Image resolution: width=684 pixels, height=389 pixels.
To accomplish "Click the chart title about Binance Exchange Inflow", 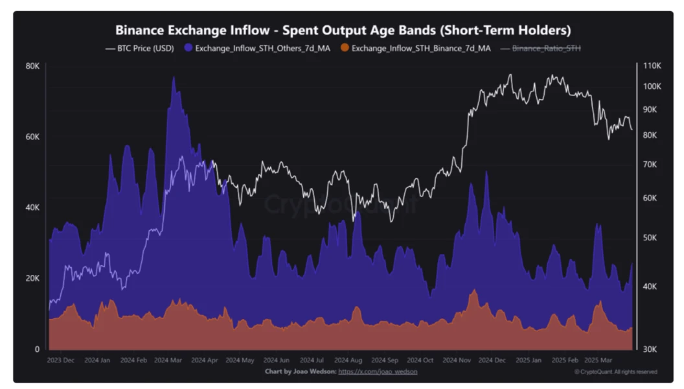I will tap(343, 30).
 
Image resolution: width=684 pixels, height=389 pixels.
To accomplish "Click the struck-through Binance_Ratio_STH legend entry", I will tap(546, 48).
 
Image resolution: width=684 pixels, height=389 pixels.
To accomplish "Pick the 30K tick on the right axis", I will tap(650, 349).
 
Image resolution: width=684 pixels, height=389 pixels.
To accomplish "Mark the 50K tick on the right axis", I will tap(650, 237).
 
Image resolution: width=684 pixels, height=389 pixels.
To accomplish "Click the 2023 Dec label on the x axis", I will tap(61, 360).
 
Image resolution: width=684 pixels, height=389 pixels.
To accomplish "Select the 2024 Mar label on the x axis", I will tap(168, 360).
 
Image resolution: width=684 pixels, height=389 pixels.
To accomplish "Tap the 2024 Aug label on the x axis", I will tap(348, 360).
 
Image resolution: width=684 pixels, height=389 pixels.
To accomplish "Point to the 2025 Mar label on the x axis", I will tap(598, 360).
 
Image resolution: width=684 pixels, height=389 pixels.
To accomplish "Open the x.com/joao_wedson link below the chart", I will tap(378, 371).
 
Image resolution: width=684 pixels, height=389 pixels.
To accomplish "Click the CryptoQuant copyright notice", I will tap(615, 371).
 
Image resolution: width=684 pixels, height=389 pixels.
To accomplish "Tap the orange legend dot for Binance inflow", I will tap(345, 48).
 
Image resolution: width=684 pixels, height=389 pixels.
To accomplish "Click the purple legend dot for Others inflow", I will tap(188, 48).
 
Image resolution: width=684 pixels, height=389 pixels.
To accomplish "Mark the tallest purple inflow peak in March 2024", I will tap(173, 77).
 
